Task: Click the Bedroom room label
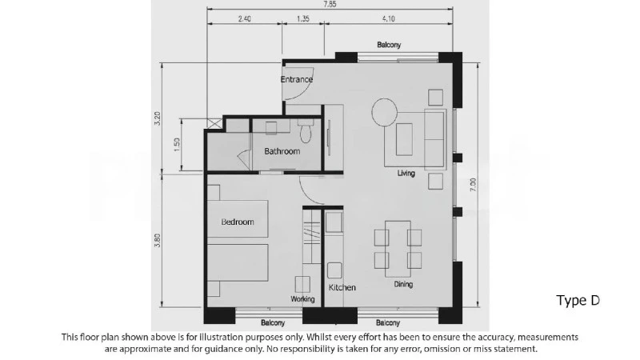pyautogui.click(x=238, y=222)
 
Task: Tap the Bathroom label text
pyautogui.click(x=282, y=151)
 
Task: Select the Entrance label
pyautogui.click(x=297, y=79)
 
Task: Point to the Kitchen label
pyautogui.click(x=342, y=287)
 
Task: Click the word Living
pyautogui.click(x=406, y=174)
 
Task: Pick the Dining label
pyautogui.click(x=403, y=284)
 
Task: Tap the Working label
pyautogui.click(x=302, y=299)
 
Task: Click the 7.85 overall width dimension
pyautogui.click(x=330, y=4)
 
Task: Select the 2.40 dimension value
pyautogui.click(x=245, y=18)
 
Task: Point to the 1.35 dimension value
pyautogui.click(x=303, y=18)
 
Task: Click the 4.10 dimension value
pyautogui.click(x=388, y=18)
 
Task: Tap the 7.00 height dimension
pyautogui.click(x=473, y=185)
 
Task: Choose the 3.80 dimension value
pyautogui.click(x=158, y=240)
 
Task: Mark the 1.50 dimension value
pyautogui.click(x=176, y=145)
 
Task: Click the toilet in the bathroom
pyautogui.click(x=305, y=130)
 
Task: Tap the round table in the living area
pyautogui.click(x=385, y=112)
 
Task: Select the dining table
pyautogui.click(x=398, y=249)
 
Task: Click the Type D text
pyautogui.click(x=578, y=301)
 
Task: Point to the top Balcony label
pyautogui.click(x=389, y=45)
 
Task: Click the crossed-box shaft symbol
pyautogui.click(x=214, y=124)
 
